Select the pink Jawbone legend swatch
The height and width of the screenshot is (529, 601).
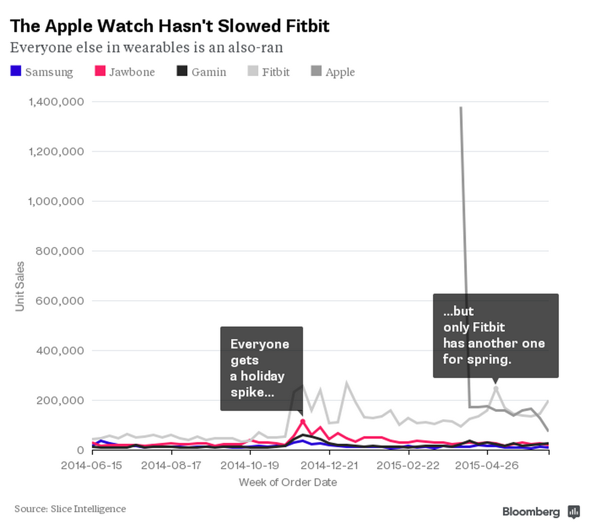pos(100,71)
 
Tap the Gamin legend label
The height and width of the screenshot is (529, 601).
pos(208,72)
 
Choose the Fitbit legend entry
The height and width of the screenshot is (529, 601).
pos(275,72)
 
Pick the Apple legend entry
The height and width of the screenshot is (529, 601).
pos(339,72)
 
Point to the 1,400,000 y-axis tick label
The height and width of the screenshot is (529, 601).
pos(56,102)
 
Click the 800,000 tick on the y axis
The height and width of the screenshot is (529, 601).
pos(60,251)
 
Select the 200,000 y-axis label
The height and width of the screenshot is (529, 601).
pos(60,400)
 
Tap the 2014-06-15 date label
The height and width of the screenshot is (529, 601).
pos(92,465)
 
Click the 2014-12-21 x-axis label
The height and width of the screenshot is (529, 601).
pos(329,465)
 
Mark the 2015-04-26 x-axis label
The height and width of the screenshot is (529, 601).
pos(487,465)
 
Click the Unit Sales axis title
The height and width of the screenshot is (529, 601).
pos(19,286)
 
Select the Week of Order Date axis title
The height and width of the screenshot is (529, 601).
pos(288,482)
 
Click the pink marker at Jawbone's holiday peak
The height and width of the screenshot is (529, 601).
pos(303,421)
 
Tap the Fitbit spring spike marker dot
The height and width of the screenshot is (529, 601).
pos(496,388)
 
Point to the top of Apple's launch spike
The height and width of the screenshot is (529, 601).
pos(461,108)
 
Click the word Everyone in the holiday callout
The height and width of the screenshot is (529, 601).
pos(260,344)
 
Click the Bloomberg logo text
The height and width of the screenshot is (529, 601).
pos(531,512)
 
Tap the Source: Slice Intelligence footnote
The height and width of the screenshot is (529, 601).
pos(70,509)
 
